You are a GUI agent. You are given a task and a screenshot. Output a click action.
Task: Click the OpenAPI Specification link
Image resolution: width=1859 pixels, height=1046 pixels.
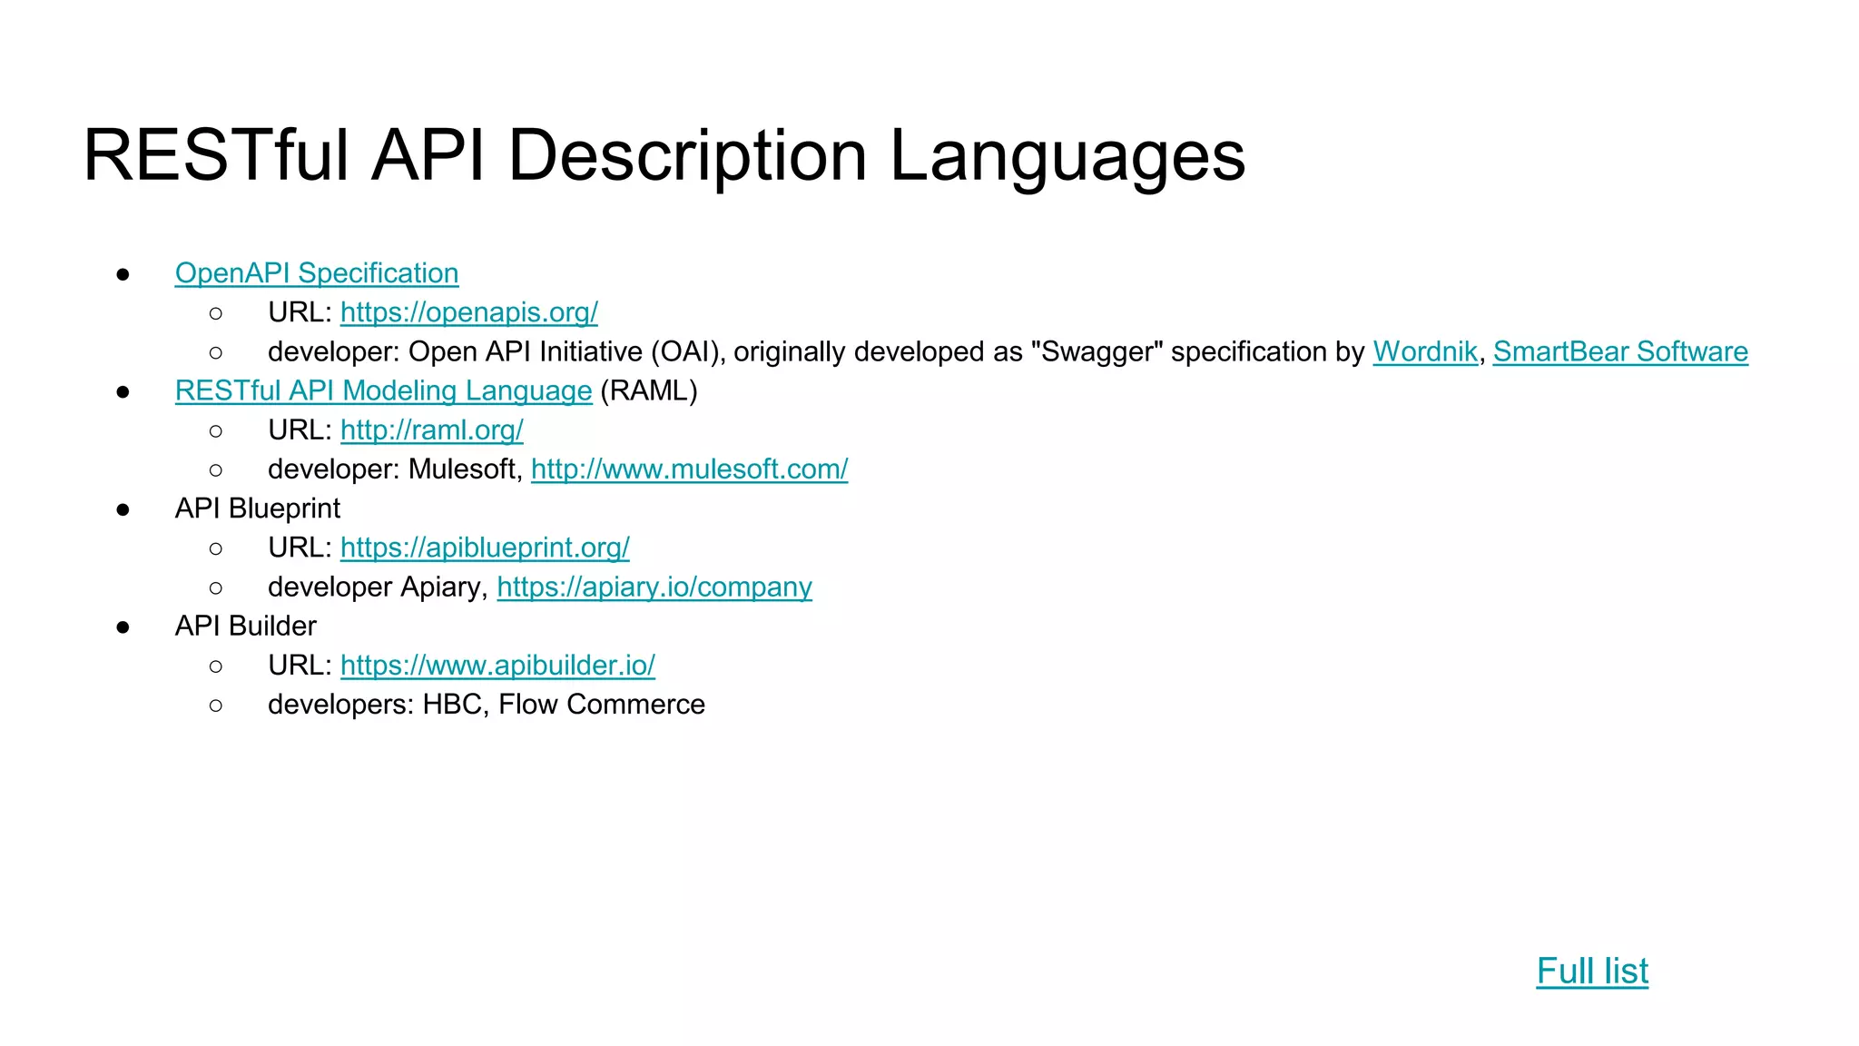pos(316,273)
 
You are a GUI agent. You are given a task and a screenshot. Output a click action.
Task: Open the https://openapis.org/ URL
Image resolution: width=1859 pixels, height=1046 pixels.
pos(468,312)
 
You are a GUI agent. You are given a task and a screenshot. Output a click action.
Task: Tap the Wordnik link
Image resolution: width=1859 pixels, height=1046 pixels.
pos(1424,351)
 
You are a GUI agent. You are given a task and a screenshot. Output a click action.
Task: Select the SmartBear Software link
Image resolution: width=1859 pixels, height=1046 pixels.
pos(1619,351)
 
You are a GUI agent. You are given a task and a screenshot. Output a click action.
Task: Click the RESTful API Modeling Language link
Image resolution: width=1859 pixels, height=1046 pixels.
pos(383,390)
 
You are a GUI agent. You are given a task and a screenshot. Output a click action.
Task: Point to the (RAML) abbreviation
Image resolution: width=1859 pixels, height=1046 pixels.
pos(648,390)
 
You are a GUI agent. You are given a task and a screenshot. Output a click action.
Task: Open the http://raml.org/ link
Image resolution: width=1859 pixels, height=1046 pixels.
pos(431,430)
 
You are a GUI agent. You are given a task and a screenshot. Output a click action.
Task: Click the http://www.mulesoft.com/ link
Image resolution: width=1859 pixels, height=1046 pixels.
pos(689,469)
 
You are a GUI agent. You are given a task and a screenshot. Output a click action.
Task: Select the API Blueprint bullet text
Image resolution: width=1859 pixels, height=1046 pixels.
pos(257,508)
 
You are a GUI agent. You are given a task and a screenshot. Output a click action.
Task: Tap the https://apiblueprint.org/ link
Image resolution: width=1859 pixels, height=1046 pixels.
pos(485,548)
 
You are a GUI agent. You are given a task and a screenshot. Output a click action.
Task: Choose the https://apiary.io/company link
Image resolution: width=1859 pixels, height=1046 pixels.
pos(654,587)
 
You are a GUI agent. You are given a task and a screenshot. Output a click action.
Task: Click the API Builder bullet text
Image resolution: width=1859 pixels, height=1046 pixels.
pos(245,627)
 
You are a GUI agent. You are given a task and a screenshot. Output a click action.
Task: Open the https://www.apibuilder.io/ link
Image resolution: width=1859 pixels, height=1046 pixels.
pos(497,666)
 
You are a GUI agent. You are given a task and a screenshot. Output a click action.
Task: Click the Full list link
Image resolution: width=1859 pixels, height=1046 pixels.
pos(1591,972)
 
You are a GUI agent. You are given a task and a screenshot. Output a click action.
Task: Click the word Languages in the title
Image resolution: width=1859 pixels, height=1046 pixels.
pos(1067,156)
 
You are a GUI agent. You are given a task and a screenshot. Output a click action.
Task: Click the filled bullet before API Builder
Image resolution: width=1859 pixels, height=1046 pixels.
pos(123,627)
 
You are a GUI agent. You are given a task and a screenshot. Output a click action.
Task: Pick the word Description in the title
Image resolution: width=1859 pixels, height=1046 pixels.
pos(687,156)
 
